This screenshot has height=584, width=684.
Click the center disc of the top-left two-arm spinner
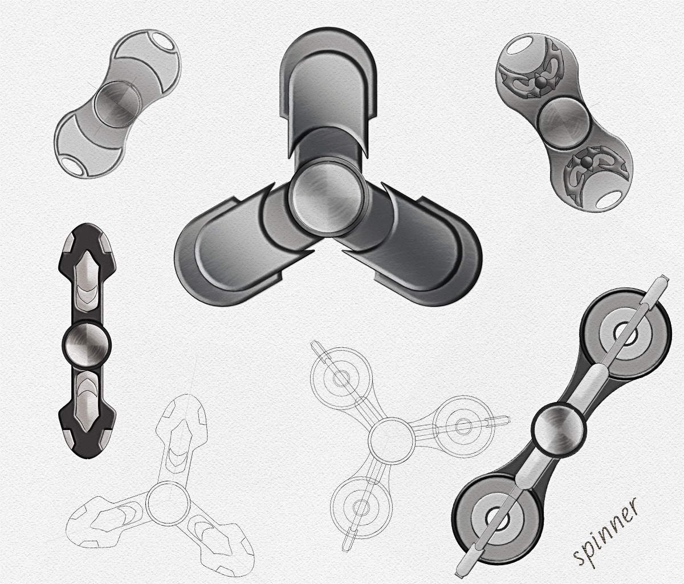117,104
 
